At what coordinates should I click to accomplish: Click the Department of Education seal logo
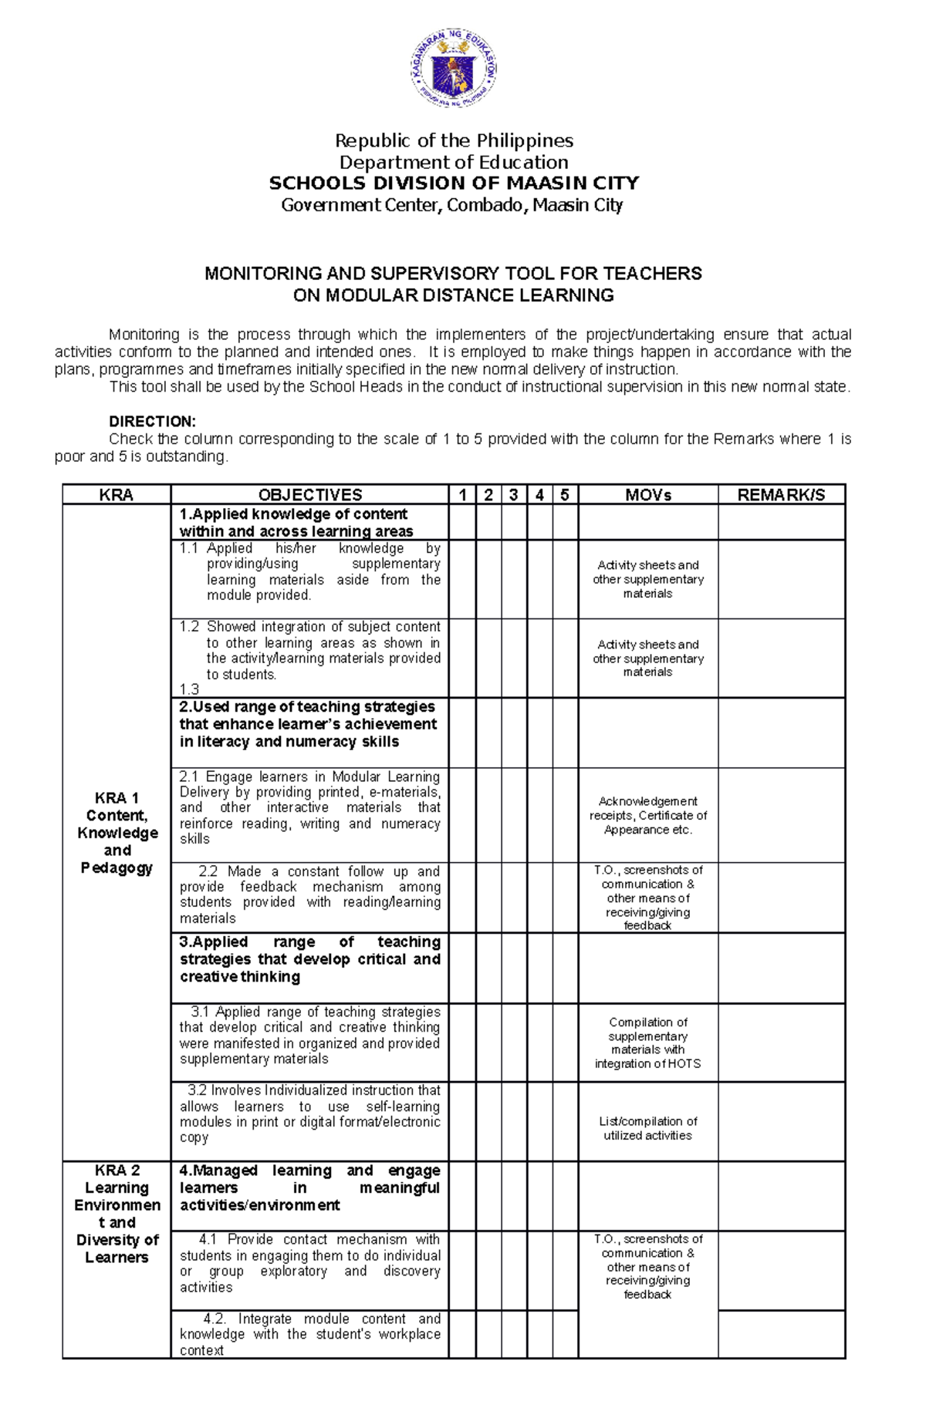click(454, 71)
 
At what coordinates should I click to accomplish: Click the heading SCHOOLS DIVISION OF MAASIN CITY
click(454, 184)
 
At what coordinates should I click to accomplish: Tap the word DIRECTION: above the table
click(152, 422)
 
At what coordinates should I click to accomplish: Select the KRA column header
click(117, 495)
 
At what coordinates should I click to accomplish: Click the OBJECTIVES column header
click(309, 495)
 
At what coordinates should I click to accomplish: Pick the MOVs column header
click(647, 495)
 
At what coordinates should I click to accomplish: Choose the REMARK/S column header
click(781, 495)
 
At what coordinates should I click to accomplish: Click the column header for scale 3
click(514, 495)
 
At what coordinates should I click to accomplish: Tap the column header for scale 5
click(565, 495)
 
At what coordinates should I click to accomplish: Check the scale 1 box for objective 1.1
click(462, 578)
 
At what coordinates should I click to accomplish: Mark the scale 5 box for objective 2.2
click(565, 897)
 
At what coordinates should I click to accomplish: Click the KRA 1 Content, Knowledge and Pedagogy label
click(117, 833)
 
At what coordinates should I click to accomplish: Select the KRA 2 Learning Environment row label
click(117, 1213)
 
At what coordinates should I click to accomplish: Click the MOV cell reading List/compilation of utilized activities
click(647, 1128)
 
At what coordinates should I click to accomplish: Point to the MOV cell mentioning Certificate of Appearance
click(647, 815)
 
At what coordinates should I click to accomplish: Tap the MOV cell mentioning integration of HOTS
click(647, 1043)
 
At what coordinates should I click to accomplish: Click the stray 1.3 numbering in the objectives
click(189, 689)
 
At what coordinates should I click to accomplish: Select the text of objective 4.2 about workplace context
click(309, 1334)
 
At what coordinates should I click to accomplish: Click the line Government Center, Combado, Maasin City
click(452, 205)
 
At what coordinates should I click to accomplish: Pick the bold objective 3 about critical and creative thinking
click(309, 959)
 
